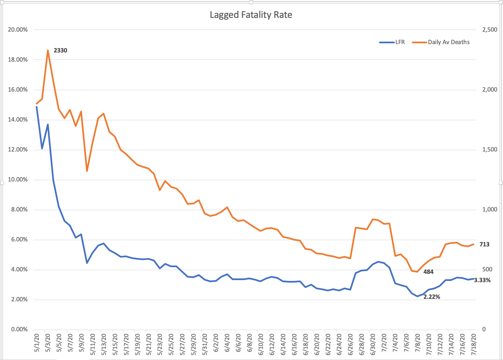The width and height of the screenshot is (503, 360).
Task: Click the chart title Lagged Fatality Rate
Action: (x=251, y=15)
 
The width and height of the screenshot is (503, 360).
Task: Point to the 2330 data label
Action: (x=60, y=50)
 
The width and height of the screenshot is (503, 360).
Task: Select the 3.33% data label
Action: (x=482, y=280)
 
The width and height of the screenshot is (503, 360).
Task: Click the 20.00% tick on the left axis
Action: (x=18, y=30)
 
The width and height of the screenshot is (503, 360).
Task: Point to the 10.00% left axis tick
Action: (x=18, y=180)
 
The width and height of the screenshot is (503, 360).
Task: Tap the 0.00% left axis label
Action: (x=19, y=330)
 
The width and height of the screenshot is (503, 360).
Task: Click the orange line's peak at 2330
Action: (x=48, y=50)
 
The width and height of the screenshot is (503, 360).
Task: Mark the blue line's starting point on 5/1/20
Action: (x=37, y=107)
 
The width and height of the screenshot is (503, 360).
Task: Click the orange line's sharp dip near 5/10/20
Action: (x=87, y=171)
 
